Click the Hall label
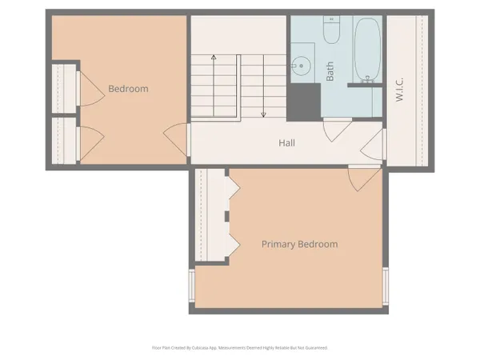tap(287, 143)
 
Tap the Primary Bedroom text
tap(299, 244)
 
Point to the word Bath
tap(330, 71)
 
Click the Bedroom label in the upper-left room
tap(128, 89)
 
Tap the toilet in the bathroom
tap(333, 30)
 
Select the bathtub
tap(367, 50)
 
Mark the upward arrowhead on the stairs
tap(214, 58)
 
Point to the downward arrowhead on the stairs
tap(263, 114)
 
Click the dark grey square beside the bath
tap(303, 102)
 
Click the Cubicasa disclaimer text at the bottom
tap(240, 348)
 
